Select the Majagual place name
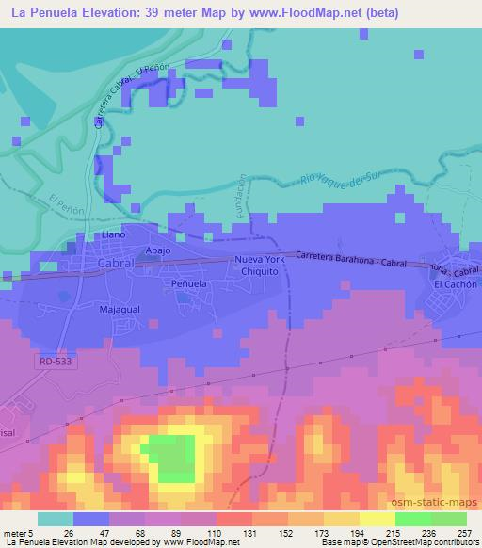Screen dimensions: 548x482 119,308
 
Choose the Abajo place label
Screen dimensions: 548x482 156,250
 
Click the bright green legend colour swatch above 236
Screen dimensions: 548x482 411,519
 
